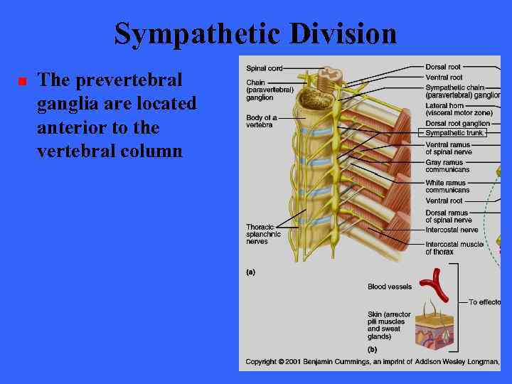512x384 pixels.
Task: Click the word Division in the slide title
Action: (x=343, y=33)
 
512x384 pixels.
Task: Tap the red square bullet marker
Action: (x=22, y=82)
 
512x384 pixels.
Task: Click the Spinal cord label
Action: (x=265, y=68)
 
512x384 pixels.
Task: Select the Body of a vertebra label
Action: (x=262, y=121)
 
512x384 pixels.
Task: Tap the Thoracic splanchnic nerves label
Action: (x=264, y=234)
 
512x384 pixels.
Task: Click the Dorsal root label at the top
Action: (x=444, y=67)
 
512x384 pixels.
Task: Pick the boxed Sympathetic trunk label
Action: (x=454, y=133)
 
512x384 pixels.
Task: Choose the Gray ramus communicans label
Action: (x=447, y=166)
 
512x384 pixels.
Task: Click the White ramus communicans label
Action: (x=447, y=186)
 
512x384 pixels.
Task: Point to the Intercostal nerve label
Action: (x=452, y=230)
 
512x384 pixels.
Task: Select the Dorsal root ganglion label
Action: (x=457, y=124)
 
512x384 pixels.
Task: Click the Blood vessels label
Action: (x=389, y=287)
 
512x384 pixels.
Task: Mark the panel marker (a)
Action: (x=250, y=272)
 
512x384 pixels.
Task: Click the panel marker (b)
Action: (x=372, y=350)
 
